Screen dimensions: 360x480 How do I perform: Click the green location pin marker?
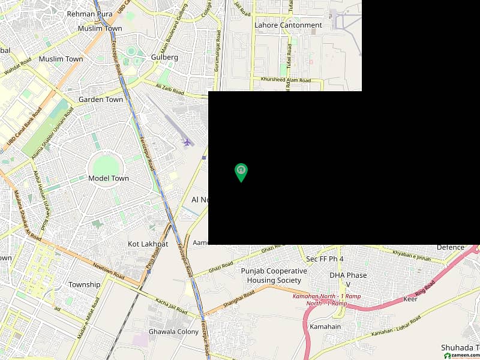click(x=241, y=172)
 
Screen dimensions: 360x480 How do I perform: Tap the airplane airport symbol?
click(x=187, y=143)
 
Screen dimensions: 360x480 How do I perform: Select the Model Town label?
click(x=109, y=178)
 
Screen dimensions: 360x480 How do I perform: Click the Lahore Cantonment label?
click(x=288, y=25)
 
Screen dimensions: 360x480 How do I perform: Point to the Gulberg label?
click(x=165, y=57)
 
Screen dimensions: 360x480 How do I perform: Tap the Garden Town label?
click(x=101, y=100)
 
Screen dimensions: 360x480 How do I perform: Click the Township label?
click(x=85, y=284)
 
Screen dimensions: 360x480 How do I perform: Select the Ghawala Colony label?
click(x=173, y=332)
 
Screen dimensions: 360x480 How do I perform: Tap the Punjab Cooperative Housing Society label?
click(x=274, y=275)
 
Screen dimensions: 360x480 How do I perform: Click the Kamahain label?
click(x=325, y=326)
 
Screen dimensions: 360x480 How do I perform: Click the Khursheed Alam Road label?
click(x=286, y=80)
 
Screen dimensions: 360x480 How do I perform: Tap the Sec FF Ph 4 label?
click(x=325, y=259)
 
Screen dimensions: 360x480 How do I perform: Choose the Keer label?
click(x=410, y=299)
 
